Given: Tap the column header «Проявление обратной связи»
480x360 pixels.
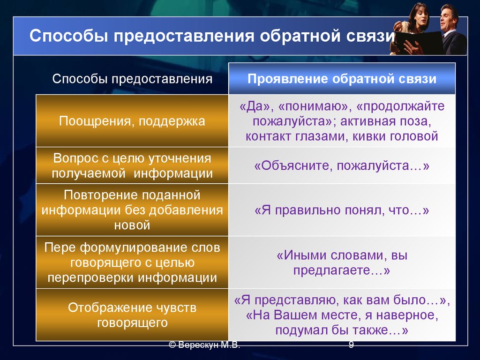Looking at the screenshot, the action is pyautogui.click(x=342, y=79).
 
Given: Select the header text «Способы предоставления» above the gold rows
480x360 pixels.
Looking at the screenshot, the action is pyautogui.click(x=132, y=79).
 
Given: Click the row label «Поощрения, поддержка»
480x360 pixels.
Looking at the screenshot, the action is pyautogui.click(x=132, y=121).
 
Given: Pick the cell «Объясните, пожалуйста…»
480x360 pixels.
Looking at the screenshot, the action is pyautogui.click(x=342, y=165).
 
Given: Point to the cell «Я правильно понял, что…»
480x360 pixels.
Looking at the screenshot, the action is pyautogui.click(x=342, y=210).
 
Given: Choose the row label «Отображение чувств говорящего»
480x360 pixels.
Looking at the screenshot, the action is pyautogui.click(x=132, y=315).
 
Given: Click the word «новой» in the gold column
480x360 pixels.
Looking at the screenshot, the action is pyautogui.click(x=132, y=225).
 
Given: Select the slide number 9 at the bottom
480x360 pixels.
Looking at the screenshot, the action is pyautogui.click(x=351, y=345).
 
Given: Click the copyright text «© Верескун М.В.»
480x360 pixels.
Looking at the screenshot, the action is pyautogui.click(x=204, y=345).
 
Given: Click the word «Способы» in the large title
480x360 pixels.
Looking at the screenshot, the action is pyautogui.click(x=69, y=36).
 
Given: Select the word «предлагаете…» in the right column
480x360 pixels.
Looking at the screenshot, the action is pyautogui.click(x=342, y=270).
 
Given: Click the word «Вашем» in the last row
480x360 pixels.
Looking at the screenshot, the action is pyautogui.click(x=293, y=315).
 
